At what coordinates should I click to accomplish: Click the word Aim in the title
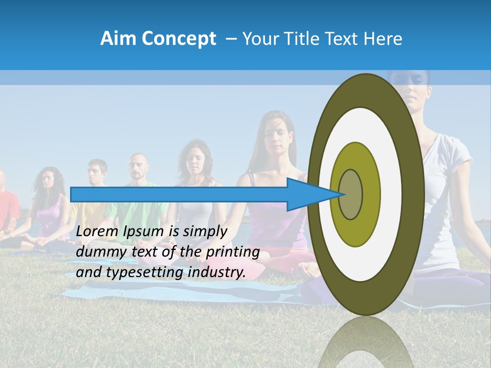pyautogui.click(x=118, y=39)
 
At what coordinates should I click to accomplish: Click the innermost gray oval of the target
pyautogui.click(x=350, y=195)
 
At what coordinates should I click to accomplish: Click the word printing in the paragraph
pyautogui.click(x=232, y=252)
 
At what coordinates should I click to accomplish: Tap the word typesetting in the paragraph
pyautogui.click(x=144, y=272)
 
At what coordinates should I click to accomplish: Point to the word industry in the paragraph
pyautogui.click(x=215, y=272)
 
